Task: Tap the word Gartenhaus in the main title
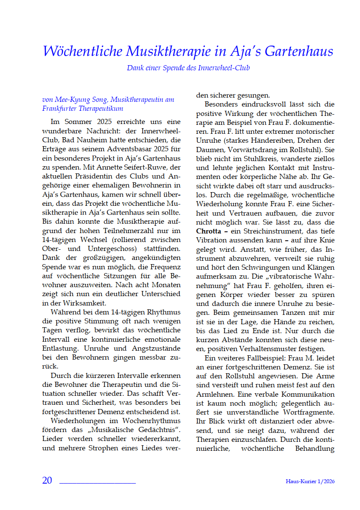299,52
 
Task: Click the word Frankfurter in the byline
60,109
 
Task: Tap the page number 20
47,480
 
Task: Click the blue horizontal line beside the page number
97,483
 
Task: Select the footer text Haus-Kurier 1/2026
310,481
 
